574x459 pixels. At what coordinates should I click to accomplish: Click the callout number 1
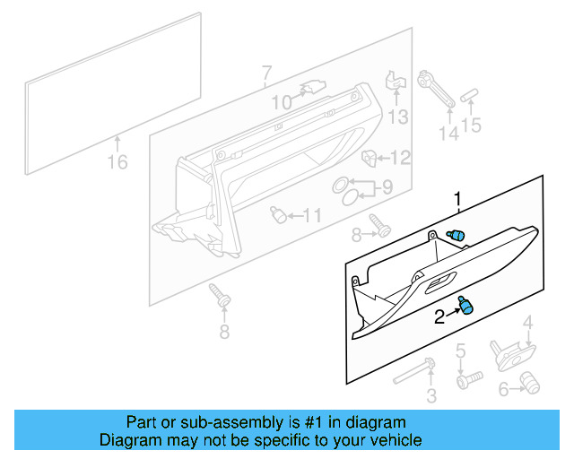(457, 199)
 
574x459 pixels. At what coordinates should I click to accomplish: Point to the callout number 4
(528, 323)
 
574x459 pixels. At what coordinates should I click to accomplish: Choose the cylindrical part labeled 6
(529, 385)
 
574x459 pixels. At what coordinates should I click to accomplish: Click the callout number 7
(266, 72)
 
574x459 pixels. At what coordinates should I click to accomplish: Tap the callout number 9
(387, 188)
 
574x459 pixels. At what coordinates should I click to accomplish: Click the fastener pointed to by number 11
(280, 215)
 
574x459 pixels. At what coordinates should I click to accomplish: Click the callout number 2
(440, 316)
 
